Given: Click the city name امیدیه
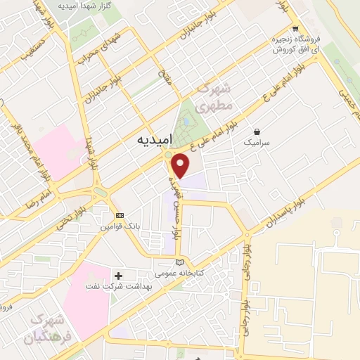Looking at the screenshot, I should [x=151, y=140].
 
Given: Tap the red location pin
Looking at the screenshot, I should [x=181, y=165].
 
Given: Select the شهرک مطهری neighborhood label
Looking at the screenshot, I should [x=214, y=99].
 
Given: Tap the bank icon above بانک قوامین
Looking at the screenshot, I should [x=120, y=215].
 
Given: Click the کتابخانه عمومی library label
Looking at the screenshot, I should [x=179, y=272].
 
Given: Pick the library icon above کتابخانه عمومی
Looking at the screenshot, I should [x=179, y=262].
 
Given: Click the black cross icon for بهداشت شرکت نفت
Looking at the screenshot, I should [x=118, y=275].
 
